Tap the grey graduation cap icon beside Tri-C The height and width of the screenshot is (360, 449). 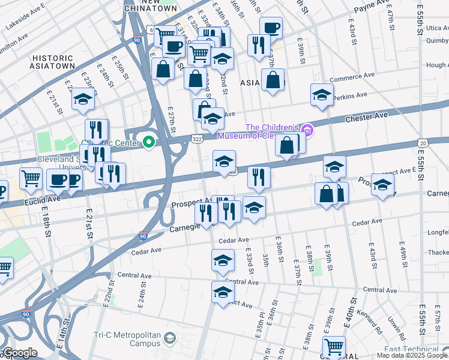pos(170,340)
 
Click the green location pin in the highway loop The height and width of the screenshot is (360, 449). pos(148,142)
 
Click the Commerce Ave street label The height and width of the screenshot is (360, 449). pos(352,76)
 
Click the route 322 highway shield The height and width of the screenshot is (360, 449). pos(197,139)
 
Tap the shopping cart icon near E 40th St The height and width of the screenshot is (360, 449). pos(334,347)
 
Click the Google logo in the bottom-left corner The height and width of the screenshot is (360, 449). pos(19,353)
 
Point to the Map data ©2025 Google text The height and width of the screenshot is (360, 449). pos(412,355)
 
